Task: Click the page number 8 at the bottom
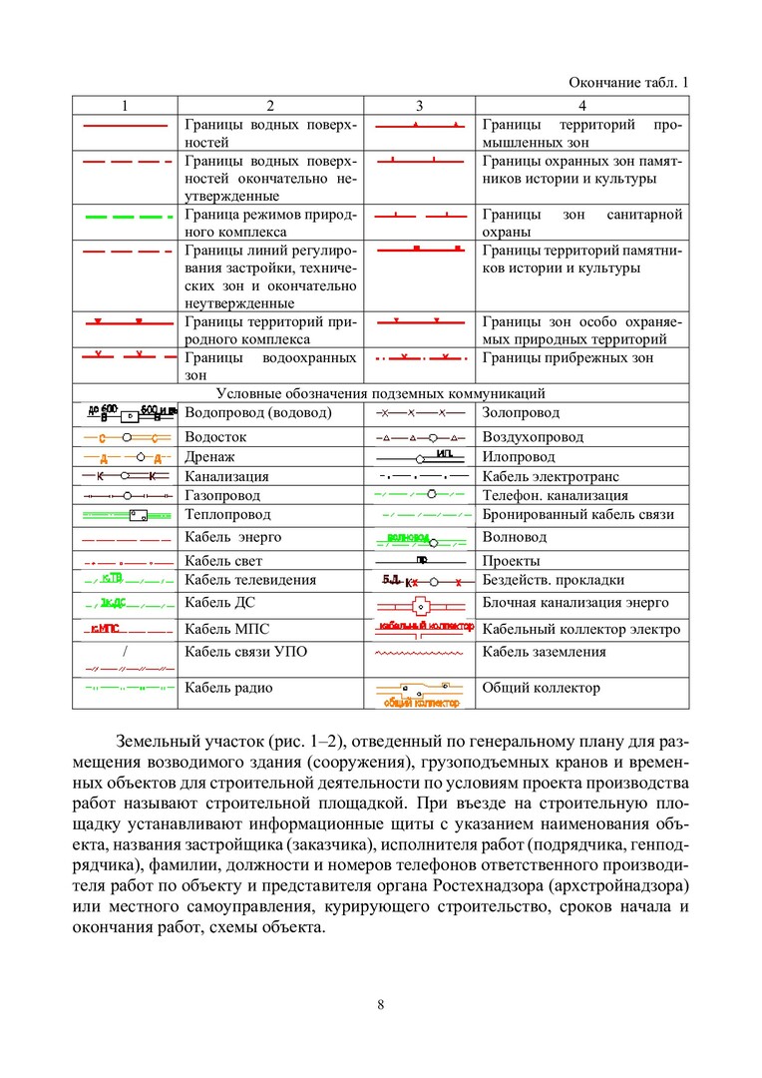click(381, 1004)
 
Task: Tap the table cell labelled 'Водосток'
click(215, 436)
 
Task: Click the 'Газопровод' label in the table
click(222, 495)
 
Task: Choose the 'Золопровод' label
click(521, 412)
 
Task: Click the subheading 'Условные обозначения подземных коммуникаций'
click(381, 393)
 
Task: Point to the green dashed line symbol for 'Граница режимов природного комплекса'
click(124, 216)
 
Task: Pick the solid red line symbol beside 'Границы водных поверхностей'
click(124, 128)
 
